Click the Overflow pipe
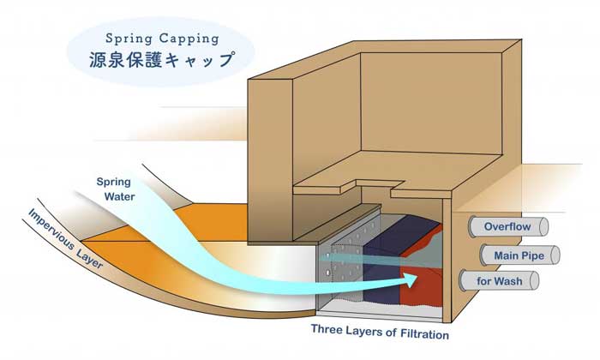point(508,226)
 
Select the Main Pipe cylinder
point(519,255)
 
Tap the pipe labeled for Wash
point(500,281)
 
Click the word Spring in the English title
point(129,39)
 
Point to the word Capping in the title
point(189,39)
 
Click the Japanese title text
point(161,60)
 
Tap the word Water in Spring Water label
point(119,196)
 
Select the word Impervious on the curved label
point(51,230)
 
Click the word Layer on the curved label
point(90,259)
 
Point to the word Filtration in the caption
point(424,334)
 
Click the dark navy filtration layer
point(387,261)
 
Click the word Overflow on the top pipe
point(507,226)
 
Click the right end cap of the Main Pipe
point(555,255)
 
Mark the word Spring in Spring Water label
point(114,182)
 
